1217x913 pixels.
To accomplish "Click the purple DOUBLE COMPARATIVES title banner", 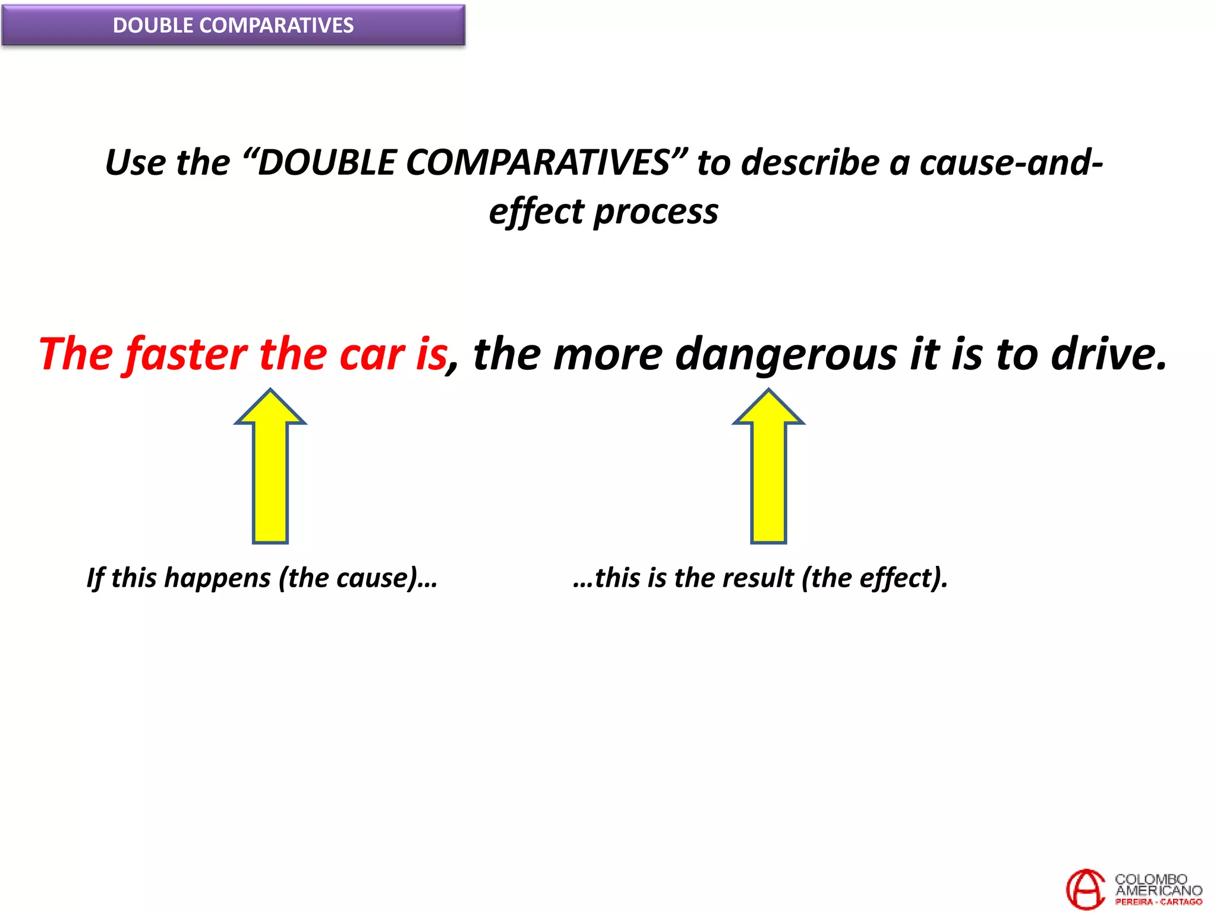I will [233, 25].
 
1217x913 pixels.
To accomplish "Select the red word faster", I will [187, 354].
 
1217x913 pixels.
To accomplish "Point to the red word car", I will [372, 355].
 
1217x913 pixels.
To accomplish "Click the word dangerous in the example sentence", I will [787, 355].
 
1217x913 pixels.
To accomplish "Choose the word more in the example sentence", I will [607, 355].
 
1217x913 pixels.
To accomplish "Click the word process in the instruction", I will [656, 213].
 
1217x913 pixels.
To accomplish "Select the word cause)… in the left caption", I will [386, 578].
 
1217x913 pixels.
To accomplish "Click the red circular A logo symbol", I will [1085, 889].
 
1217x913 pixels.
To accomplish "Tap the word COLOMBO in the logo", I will [1150, 879].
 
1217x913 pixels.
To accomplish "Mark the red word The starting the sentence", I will [75, 354].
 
